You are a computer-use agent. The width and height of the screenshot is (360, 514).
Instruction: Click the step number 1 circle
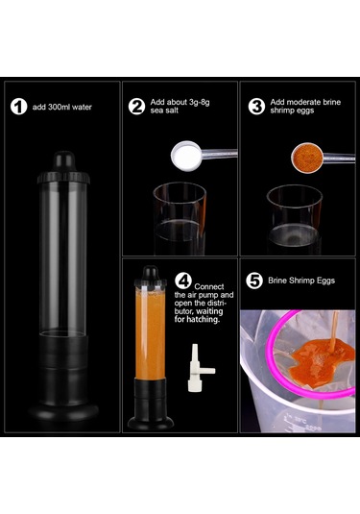coord(18,107)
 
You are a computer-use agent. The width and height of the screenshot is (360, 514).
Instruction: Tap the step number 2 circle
coord(136,107)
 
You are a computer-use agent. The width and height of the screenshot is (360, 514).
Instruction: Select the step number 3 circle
coord(256,107)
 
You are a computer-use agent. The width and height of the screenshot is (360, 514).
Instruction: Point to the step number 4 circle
coord(183,281)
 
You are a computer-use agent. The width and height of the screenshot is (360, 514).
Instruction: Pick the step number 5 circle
coord(254,281)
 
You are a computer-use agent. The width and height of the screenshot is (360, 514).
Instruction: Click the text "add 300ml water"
coord(61,107)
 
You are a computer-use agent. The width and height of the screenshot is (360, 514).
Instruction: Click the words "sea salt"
coord(164,110)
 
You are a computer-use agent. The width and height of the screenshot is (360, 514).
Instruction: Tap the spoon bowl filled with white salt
coord(185,156)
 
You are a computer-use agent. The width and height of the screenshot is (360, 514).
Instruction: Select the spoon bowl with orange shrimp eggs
coord(307,158)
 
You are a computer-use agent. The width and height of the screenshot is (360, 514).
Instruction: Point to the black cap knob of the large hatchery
coord(64,161)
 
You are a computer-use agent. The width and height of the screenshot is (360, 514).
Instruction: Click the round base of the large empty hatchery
coord(63,411)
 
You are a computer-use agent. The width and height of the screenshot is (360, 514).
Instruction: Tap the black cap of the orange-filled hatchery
coord(151,278)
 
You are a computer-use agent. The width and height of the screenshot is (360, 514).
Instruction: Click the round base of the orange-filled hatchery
coord(151,423)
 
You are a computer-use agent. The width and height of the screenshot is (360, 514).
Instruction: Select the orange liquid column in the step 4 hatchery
coord(151,334)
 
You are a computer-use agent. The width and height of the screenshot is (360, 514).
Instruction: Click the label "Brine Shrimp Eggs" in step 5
coord(301,281)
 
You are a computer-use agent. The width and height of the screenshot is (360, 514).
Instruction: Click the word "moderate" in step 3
coord(300,102)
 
